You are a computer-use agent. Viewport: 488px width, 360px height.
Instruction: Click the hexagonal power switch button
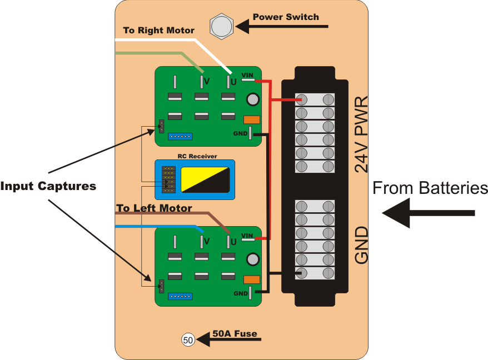[x=221, y=26]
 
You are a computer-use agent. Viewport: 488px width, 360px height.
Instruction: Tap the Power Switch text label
[x=286, y=17]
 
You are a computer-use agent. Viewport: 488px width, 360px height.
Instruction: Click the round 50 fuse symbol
[x=188, y=339]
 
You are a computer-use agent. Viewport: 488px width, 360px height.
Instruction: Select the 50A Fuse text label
[x=235, y=333]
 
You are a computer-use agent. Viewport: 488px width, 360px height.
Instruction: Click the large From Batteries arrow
[x=428, y=213]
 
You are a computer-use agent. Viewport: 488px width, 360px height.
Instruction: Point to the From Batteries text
[x=430, y=188]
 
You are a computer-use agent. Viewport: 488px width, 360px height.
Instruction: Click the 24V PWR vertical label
[x=361, y=134]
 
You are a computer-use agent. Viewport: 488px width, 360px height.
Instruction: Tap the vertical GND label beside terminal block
[x=361, y=245]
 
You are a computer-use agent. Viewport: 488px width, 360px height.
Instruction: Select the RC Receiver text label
[x=197, y=157]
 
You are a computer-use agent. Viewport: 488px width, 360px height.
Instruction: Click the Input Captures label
[x=48, y=186]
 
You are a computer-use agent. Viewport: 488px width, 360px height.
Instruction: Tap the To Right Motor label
[x=158, y=30]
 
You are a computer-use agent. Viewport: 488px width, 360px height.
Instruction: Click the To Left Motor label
[x=154, y=208]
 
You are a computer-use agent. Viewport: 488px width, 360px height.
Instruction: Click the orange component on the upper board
[x=252, y=119]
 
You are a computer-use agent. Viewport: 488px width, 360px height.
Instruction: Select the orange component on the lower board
[x=252, y=279]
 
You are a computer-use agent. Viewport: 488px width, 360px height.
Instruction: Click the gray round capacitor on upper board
[x=252, y=99]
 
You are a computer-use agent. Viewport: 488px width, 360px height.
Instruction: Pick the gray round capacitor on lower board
[x=252, y=259]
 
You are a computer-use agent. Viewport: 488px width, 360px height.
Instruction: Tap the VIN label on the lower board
[x=247, y=236]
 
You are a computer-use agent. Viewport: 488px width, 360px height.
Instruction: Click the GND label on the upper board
[x=240, y=133]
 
